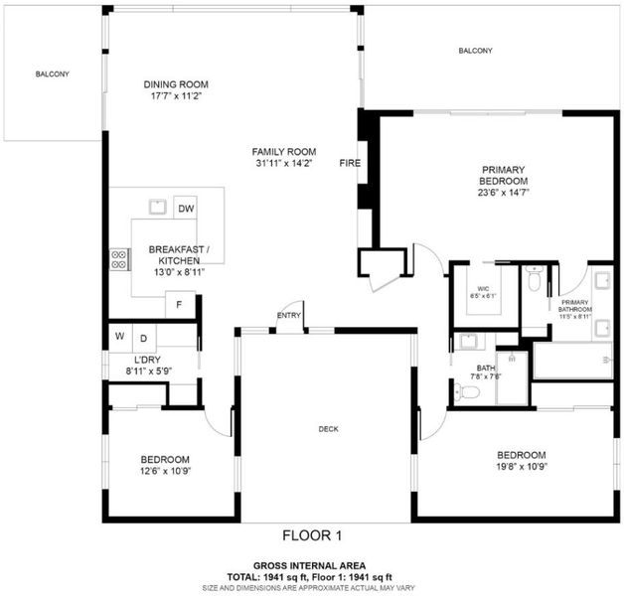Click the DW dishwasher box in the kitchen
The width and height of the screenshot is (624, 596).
pos(185,208)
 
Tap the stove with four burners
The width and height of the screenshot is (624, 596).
pos(119,259)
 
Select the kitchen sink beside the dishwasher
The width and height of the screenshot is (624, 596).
pos(158,207)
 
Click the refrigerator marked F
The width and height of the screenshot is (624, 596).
pos(180,305)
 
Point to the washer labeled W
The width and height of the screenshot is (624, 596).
pos(120,337)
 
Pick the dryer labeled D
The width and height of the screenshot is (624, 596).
pos(144,338)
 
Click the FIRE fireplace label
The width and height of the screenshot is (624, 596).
pos(350,163)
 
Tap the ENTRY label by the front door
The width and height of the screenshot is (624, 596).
pos(289,316)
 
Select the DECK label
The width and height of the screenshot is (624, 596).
pos(328,429)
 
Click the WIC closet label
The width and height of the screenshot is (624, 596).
pos(483,289)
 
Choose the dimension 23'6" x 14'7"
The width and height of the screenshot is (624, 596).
pos(504,193)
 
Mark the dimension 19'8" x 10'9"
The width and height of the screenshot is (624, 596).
pos(522,466)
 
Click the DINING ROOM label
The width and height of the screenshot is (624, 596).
pos(176,84)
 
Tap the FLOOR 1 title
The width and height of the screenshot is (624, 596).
pos(312,535)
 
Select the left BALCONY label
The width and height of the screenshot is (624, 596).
pos(52,74)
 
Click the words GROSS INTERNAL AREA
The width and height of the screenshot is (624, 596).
pos(310,566)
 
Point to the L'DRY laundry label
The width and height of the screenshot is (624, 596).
pos(147,360)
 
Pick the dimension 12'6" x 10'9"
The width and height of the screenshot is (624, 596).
pos(165,471)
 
